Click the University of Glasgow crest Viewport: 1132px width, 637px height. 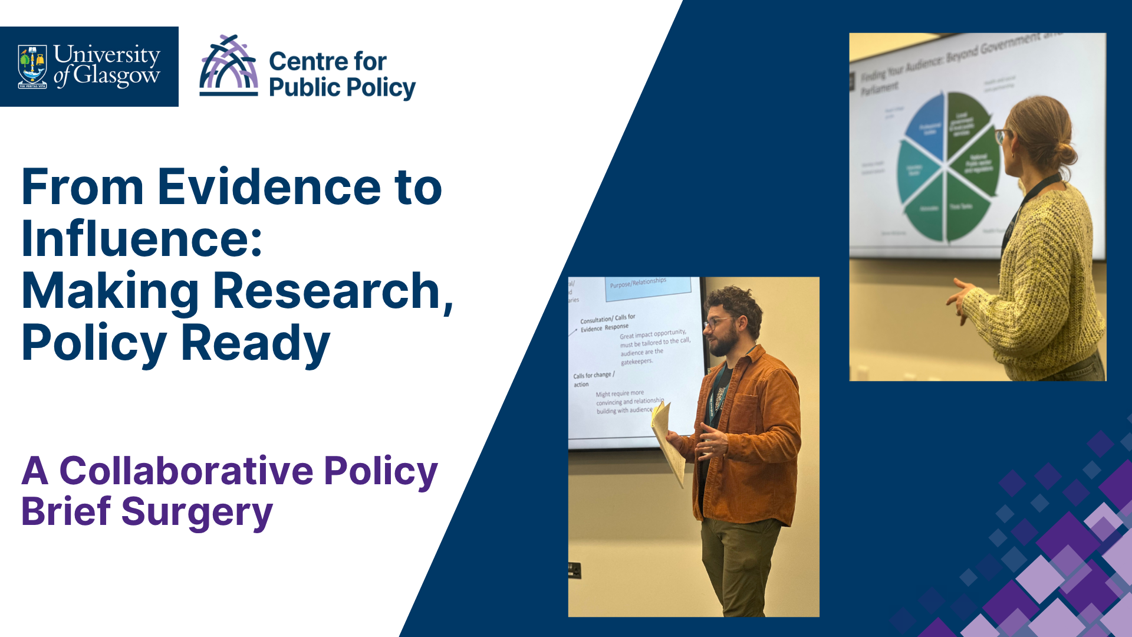click(32, 66)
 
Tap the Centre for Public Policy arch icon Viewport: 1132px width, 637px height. click(229, 65)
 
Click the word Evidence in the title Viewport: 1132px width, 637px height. click(269, 187)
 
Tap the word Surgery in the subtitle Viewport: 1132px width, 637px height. click(197, 511)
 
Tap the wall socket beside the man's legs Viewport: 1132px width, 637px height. click(574, 570)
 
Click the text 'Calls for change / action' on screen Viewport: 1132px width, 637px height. click(593, 379)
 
